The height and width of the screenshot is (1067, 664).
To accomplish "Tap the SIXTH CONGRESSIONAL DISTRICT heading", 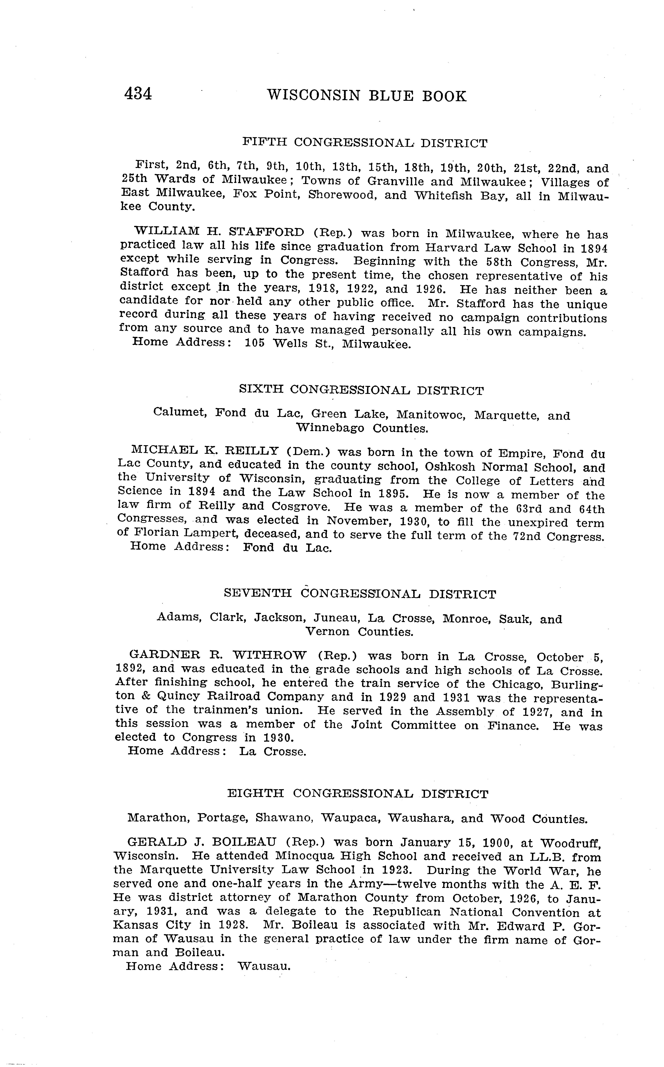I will [361, 390].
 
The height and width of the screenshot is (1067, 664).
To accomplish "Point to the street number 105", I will [255, 343].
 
